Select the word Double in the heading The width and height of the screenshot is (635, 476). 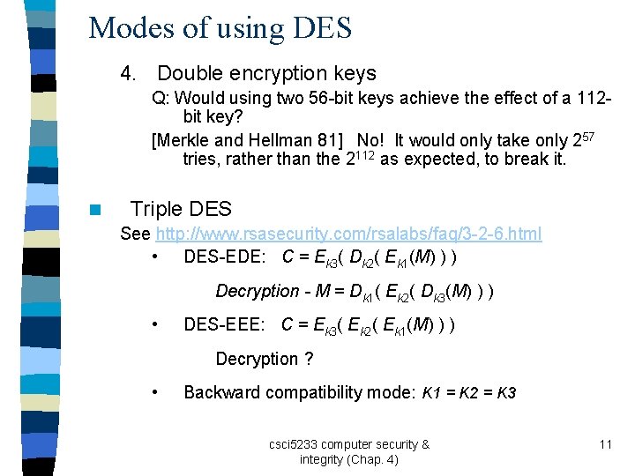coord(190,74)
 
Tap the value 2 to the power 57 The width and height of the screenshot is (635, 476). coord(584,140)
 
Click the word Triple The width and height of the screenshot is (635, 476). coord(160,210)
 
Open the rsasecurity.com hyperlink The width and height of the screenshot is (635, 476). coord(348,234)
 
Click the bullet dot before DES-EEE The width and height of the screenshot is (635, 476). coord(154,325)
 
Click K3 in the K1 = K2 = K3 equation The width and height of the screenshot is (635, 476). coord(506,392)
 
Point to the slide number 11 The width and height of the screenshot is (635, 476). coord(605,444)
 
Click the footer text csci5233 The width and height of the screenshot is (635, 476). coord(295,444)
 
